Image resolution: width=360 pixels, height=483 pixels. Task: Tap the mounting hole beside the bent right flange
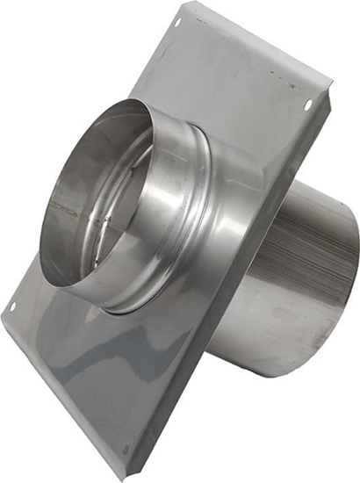click(307, 105)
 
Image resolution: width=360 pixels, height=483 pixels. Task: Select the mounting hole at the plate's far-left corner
click(12, 306)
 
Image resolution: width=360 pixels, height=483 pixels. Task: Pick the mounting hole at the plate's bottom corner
click(127, 451)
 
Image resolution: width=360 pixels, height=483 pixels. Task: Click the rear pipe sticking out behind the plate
click(299, 263)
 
